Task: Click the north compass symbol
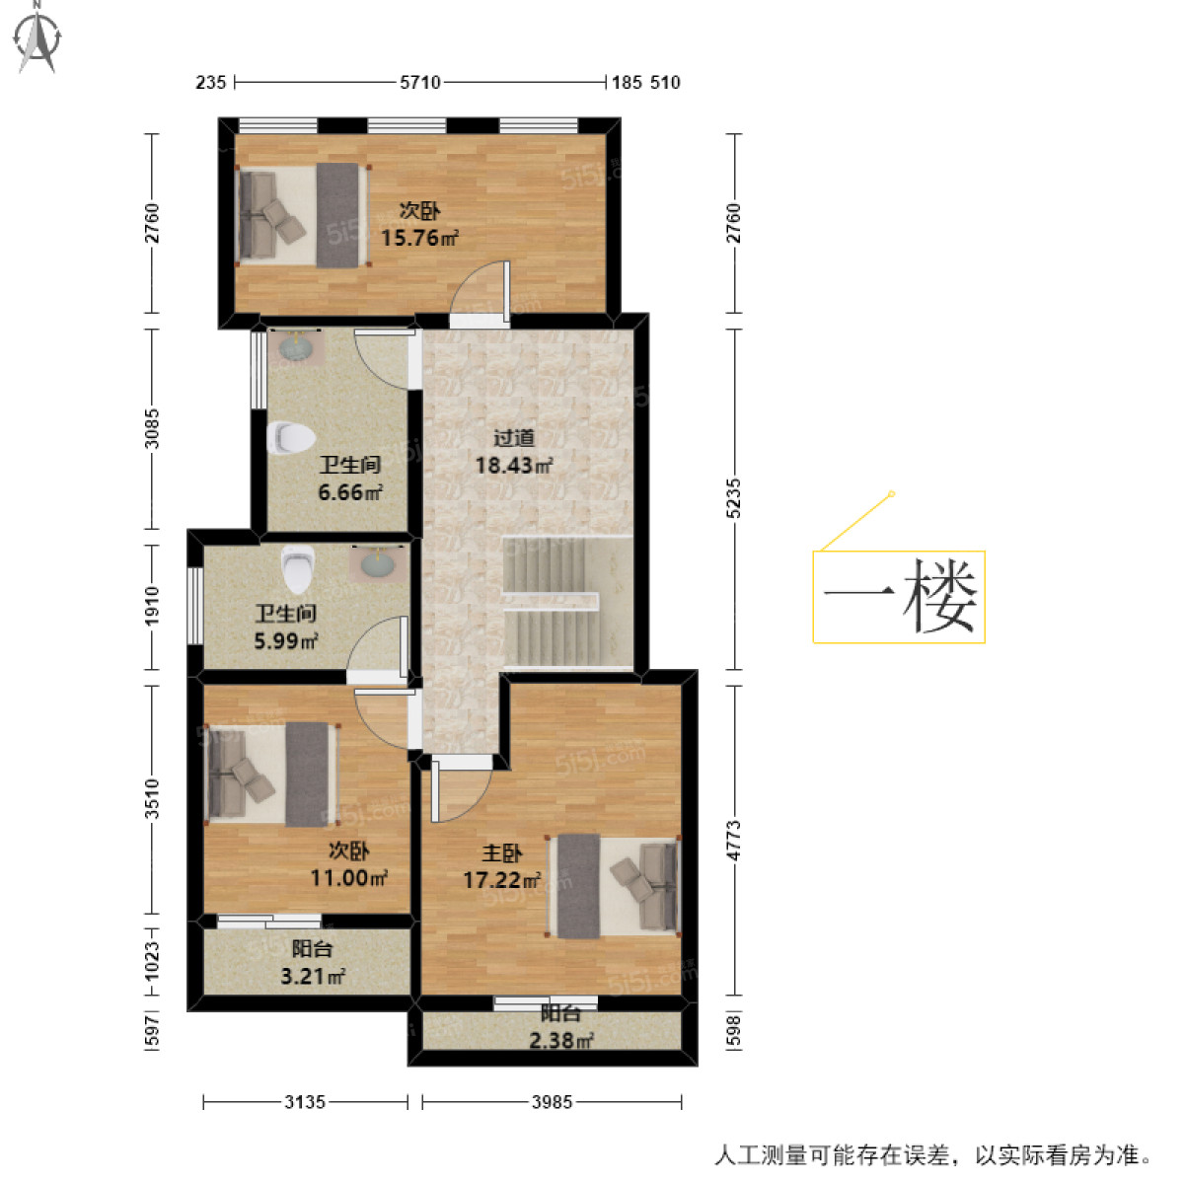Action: (x=37, y=38)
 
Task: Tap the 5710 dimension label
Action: (x=419, y=83)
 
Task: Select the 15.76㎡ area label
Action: (x=419, y=238)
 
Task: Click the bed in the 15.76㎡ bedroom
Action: (x=302, y=215)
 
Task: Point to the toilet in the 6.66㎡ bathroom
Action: (x=290, y=438)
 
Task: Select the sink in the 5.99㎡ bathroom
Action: (x=377, y=563)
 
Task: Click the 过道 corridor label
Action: (x=513, y=438)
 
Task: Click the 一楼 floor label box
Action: (x=899, y=597)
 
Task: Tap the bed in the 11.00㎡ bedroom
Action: (x=270, y=775)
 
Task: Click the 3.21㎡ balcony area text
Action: (x=313, y=977)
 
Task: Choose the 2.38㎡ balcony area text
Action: (x=560, y=1039)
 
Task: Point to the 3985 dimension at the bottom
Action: (x=552, y=1102)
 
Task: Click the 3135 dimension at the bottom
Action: (x=305, y=1102)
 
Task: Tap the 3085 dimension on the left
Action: (x=151, y=428)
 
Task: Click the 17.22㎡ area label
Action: (x=501, y=879)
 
